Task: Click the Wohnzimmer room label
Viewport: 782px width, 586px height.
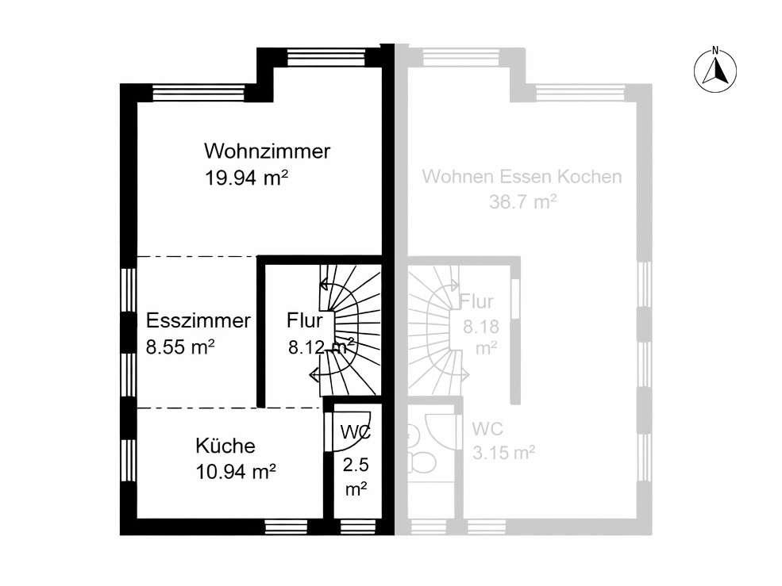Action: pyautogui.click(x=267, y=151)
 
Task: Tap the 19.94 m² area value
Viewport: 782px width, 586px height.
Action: pyautogui.click(x=246, y=178)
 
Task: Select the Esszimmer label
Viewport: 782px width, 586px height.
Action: pyautogui.click(x=198, y=320)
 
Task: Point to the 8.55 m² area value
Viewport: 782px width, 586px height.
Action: pyautogui.click(x=180, y=347)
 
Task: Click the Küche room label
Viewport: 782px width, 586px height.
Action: pyautogui.click(x=225, y=446)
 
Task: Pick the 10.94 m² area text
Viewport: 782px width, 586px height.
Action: pyautogui.click(x=236, y=471)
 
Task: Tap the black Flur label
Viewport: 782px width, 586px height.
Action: pyautogui.click(x=304, y=320)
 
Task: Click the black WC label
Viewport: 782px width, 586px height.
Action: pyautogui.click(x=356, y=432)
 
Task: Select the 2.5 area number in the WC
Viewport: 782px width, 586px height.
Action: pyautogui.click(x=356, y=465)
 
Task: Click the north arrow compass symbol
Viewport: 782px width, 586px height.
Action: pyautogui.click(x=715, y=71)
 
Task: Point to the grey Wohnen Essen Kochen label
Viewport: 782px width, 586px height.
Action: pyautogui.click(x=522, y=176)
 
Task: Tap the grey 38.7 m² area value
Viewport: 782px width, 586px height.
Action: pyautogui.click(x=522, y=202)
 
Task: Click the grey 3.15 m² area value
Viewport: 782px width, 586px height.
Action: pyautogui.click(x=503, y=453)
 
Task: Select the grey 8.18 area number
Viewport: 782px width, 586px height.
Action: pyautogui.click(x=481, y=327)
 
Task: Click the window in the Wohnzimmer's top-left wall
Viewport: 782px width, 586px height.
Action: pyautogui.click(x=198, y=93)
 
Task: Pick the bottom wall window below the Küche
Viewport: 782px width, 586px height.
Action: pyautogui.click(x=279, y=527)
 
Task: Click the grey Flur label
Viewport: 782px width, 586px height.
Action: pyautogui.click(x=476, y=301)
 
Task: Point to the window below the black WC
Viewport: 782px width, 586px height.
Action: pyautogui.click(x=357, y=527)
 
